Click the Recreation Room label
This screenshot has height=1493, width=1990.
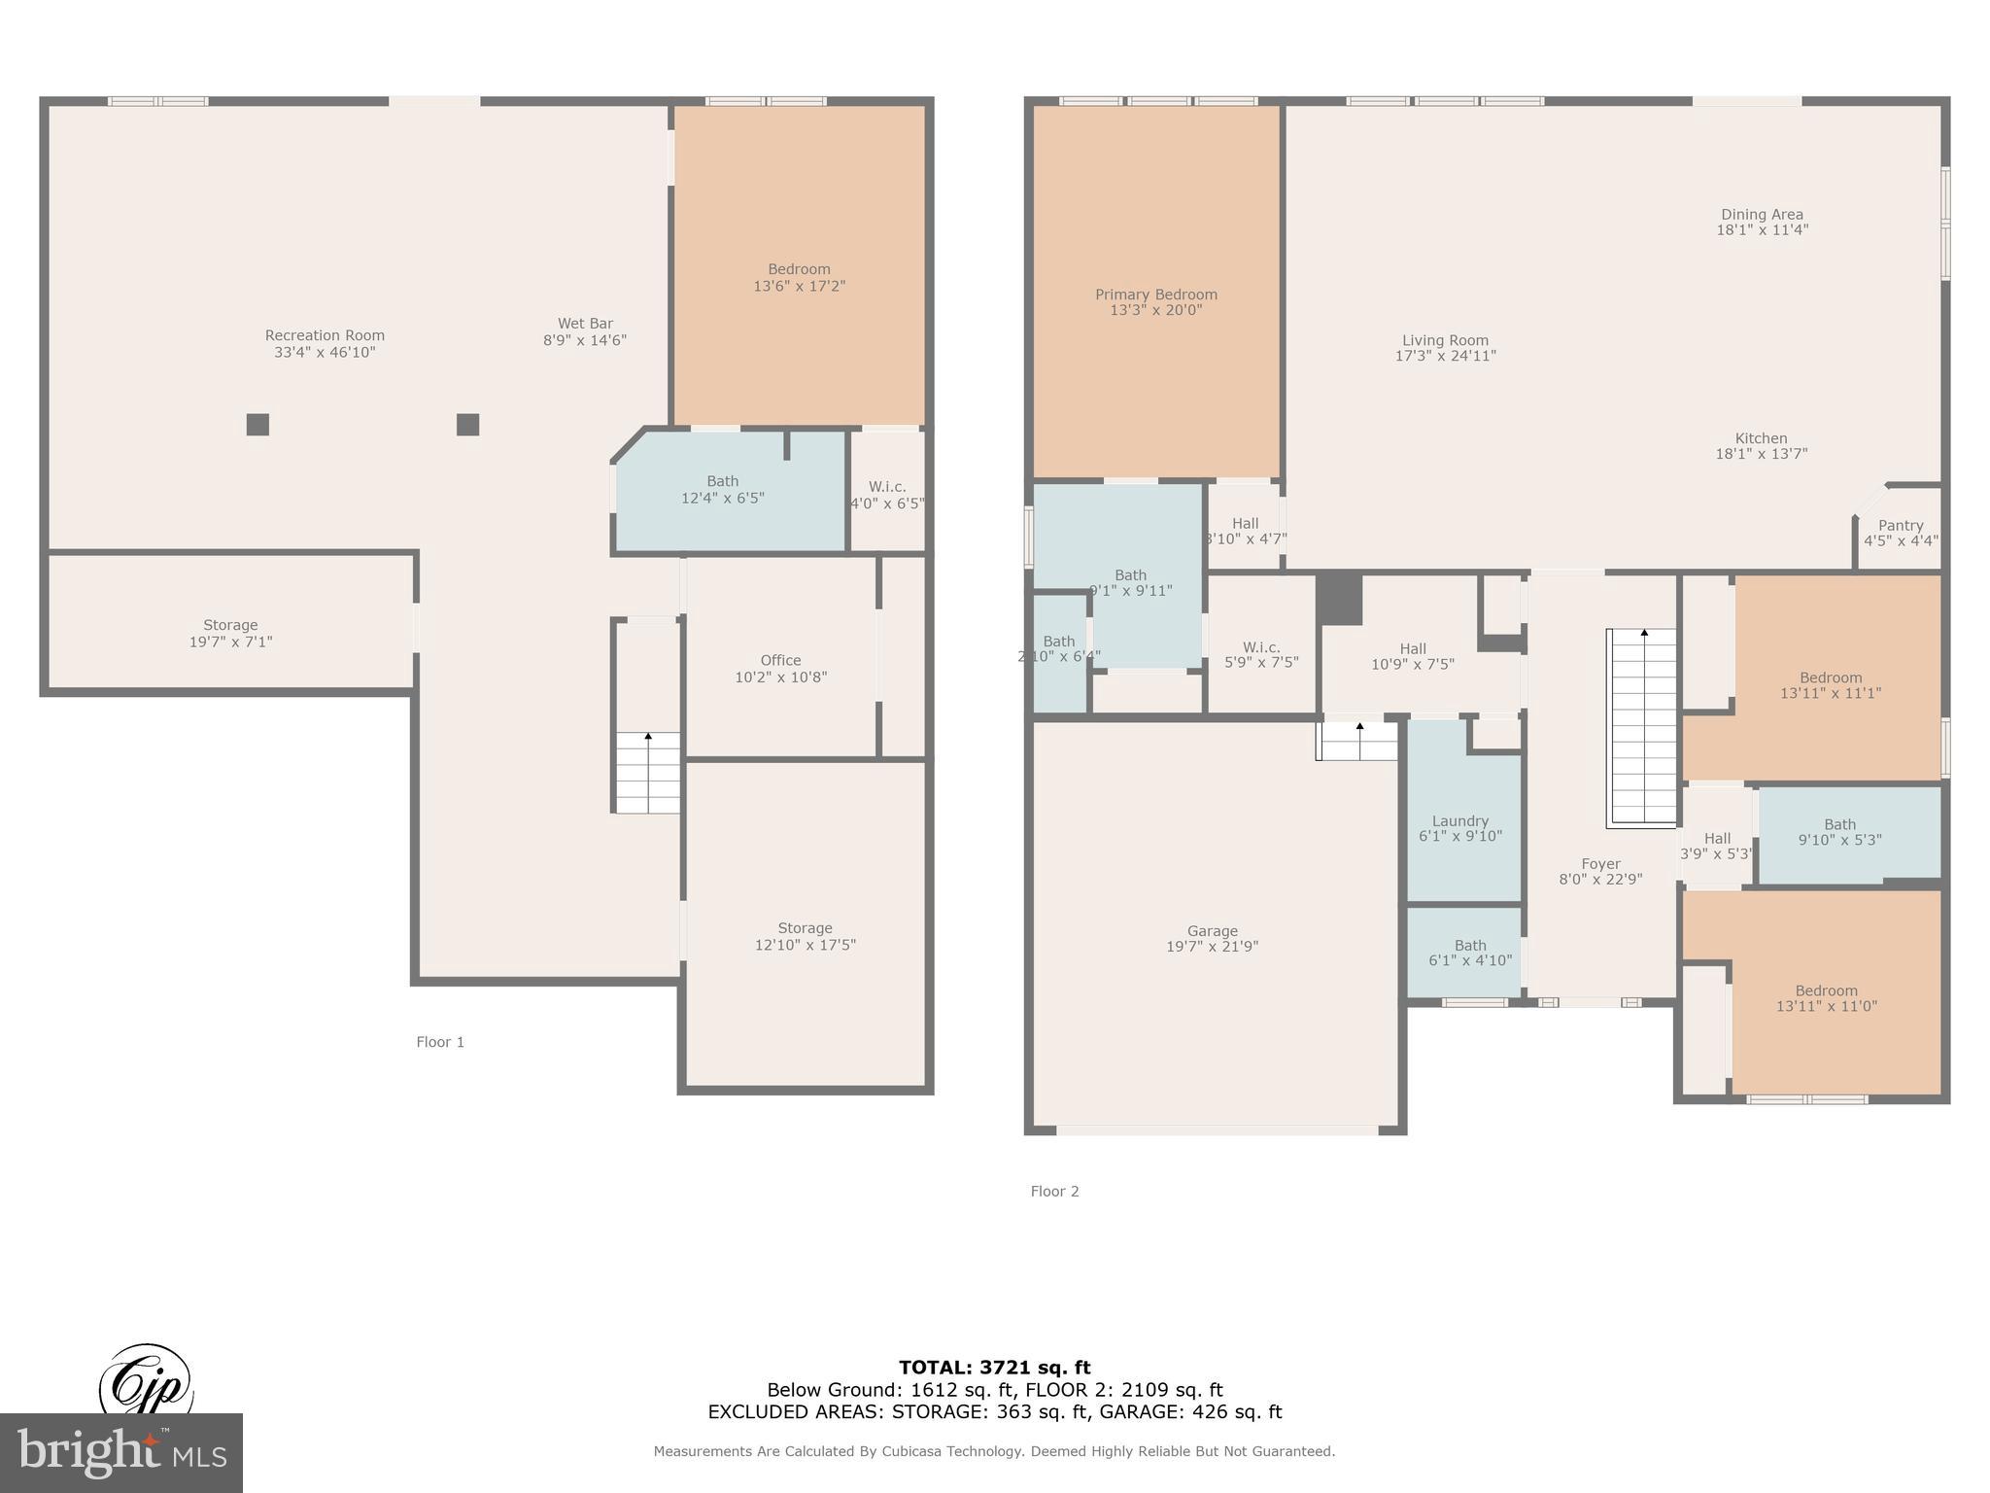(325, 336)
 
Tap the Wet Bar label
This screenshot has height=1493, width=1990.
(585, 324)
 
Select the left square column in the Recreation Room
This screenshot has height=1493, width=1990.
(257, 425)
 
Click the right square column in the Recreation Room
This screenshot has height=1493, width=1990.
(467, 425)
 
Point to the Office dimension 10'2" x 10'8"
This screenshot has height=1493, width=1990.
(780, 677)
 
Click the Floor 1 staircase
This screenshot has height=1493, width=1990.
(648, 772)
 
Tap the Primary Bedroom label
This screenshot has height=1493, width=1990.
(1155, 295)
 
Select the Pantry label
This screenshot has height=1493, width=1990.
(1900, 525)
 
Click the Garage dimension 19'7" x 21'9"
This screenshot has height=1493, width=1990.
(1212, 947)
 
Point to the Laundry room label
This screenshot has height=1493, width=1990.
(1459, 821)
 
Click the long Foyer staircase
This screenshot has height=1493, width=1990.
(1643, 727)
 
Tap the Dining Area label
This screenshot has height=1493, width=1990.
(1762, 215)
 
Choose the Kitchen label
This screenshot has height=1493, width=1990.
(1761, 438)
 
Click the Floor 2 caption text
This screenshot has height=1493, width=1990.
(1054, 1192)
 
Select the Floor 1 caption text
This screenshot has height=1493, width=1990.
(440, 1042)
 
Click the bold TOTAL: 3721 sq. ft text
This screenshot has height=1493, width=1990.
(994, 1368)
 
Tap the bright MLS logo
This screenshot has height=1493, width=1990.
(120, 1452)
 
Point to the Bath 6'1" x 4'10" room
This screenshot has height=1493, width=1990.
(1463, 953)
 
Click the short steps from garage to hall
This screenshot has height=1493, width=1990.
(1357, 744)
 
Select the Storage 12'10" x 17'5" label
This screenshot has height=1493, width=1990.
(805, 928)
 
